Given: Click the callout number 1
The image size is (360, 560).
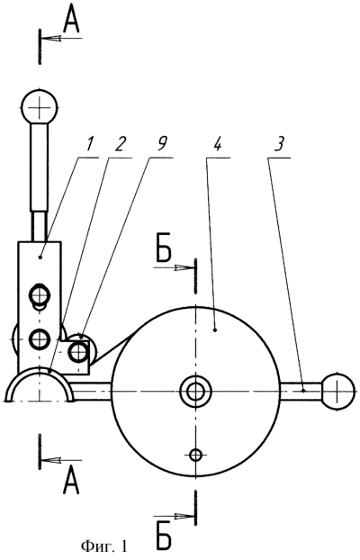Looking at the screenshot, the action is [89, 143].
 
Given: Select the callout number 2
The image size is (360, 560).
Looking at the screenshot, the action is [120, 143].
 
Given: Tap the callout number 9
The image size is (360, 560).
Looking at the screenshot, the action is [161, 143].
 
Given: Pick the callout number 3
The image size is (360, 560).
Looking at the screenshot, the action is [279, 143].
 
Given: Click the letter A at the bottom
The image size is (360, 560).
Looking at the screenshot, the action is [71, 483].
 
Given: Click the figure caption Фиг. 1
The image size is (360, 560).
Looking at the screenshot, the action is [103, 546].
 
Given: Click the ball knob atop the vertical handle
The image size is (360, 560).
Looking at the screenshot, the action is [40, 106].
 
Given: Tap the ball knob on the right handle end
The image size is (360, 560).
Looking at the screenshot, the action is [337, 391].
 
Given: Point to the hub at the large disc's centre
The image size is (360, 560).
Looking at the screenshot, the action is [195, 392].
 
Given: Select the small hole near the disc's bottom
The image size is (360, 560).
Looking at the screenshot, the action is [195, 455].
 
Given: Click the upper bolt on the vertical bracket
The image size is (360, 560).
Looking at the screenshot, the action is [40, 295].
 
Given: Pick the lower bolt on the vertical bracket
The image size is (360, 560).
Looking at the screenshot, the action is [39, 339].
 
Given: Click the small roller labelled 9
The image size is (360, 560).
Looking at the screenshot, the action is [80, 352].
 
